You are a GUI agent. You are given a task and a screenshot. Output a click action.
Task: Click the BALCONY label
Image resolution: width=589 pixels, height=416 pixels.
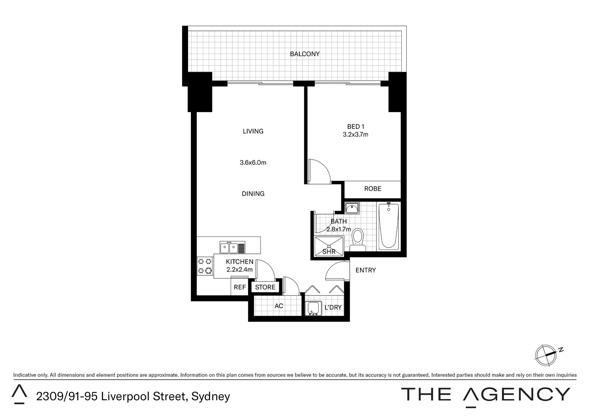click(305, 54)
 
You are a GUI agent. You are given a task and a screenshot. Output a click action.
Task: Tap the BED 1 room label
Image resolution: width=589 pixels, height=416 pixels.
click(356, 127)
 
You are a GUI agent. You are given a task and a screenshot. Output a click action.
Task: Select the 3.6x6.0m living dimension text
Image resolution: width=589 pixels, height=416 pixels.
click(253, 163)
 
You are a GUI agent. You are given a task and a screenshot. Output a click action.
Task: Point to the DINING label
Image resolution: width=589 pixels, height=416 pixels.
click(253, 194)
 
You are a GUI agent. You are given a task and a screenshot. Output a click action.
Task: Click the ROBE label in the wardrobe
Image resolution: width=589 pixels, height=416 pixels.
click(373, 189)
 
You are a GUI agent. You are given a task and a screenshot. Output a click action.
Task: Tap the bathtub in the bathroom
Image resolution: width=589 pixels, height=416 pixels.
click(388, 226)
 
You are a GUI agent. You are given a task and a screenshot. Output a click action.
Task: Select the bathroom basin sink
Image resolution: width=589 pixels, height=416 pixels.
click(352, 208)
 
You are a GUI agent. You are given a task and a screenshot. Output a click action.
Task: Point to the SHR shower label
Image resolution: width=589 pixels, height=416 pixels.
click(329, 252)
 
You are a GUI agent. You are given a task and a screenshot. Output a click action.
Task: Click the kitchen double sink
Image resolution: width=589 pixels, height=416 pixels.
click(229, 248)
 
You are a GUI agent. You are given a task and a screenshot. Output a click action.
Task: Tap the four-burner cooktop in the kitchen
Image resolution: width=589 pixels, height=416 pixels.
click(205, 266)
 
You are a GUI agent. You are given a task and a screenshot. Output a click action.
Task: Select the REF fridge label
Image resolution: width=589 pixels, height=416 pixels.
click(240, 287)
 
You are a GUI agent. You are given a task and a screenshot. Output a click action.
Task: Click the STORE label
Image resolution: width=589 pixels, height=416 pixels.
click(265, 287)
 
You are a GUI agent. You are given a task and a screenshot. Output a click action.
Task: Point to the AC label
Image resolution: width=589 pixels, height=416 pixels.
click(279, 306)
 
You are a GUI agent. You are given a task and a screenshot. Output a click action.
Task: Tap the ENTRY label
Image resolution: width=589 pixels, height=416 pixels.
click(365, 270)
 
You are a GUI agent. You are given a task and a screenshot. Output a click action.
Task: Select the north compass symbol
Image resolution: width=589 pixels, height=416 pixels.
click(546, 353)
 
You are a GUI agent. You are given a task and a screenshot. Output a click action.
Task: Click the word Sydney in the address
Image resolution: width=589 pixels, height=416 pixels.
click(211, 396)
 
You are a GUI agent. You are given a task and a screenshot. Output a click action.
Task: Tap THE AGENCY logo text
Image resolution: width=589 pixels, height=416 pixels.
click(485, 394)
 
